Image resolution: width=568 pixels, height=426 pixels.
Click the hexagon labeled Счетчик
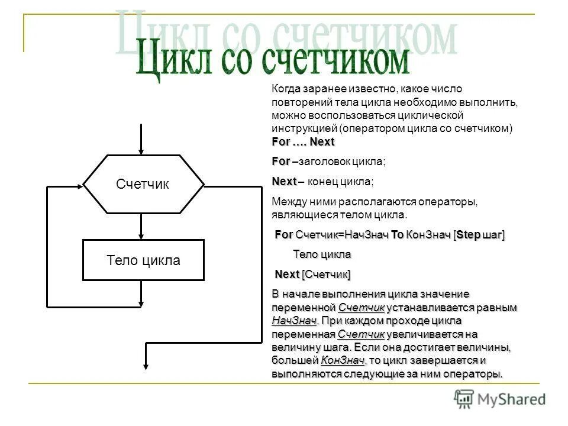pyautogui.click(x=143, y=184)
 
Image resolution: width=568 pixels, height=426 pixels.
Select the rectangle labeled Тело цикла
pyautogui.click(x=143, y=260)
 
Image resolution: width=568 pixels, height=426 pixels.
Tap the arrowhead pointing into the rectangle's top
pyautogui.click(x=141, y=235)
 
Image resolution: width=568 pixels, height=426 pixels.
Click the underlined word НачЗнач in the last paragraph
pyautogui.click(x=294, y=321)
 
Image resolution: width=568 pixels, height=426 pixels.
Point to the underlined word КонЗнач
pyautogui.click(x=342, y=360)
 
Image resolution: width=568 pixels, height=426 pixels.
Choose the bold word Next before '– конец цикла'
pyautogui.click(x=284, y=181)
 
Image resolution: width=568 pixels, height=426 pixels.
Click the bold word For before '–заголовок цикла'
pyautogui.click(x=281, y=162)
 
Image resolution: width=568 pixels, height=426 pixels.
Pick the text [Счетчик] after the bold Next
pyautogui.click(x=326, y=275)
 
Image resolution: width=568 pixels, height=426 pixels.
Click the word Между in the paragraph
pyautogui.click(x=287, y=201)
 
